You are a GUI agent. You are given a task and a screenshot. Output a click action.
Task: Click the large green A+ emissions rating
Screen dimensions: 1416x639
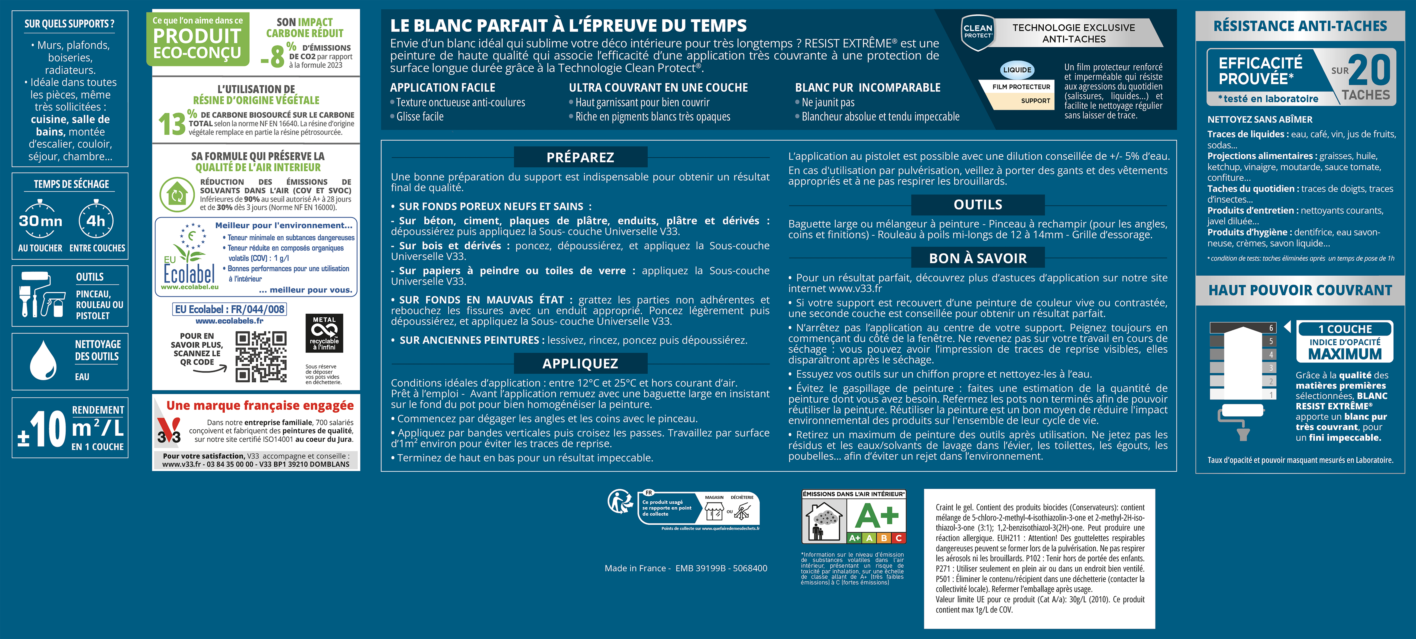877,517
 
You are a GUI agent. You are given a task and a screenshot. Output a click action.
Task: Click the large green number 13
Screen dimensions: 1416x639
172,124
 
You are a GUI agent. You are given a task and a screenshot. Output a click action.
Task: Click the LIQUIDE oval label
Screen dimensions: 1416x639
1017,70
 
